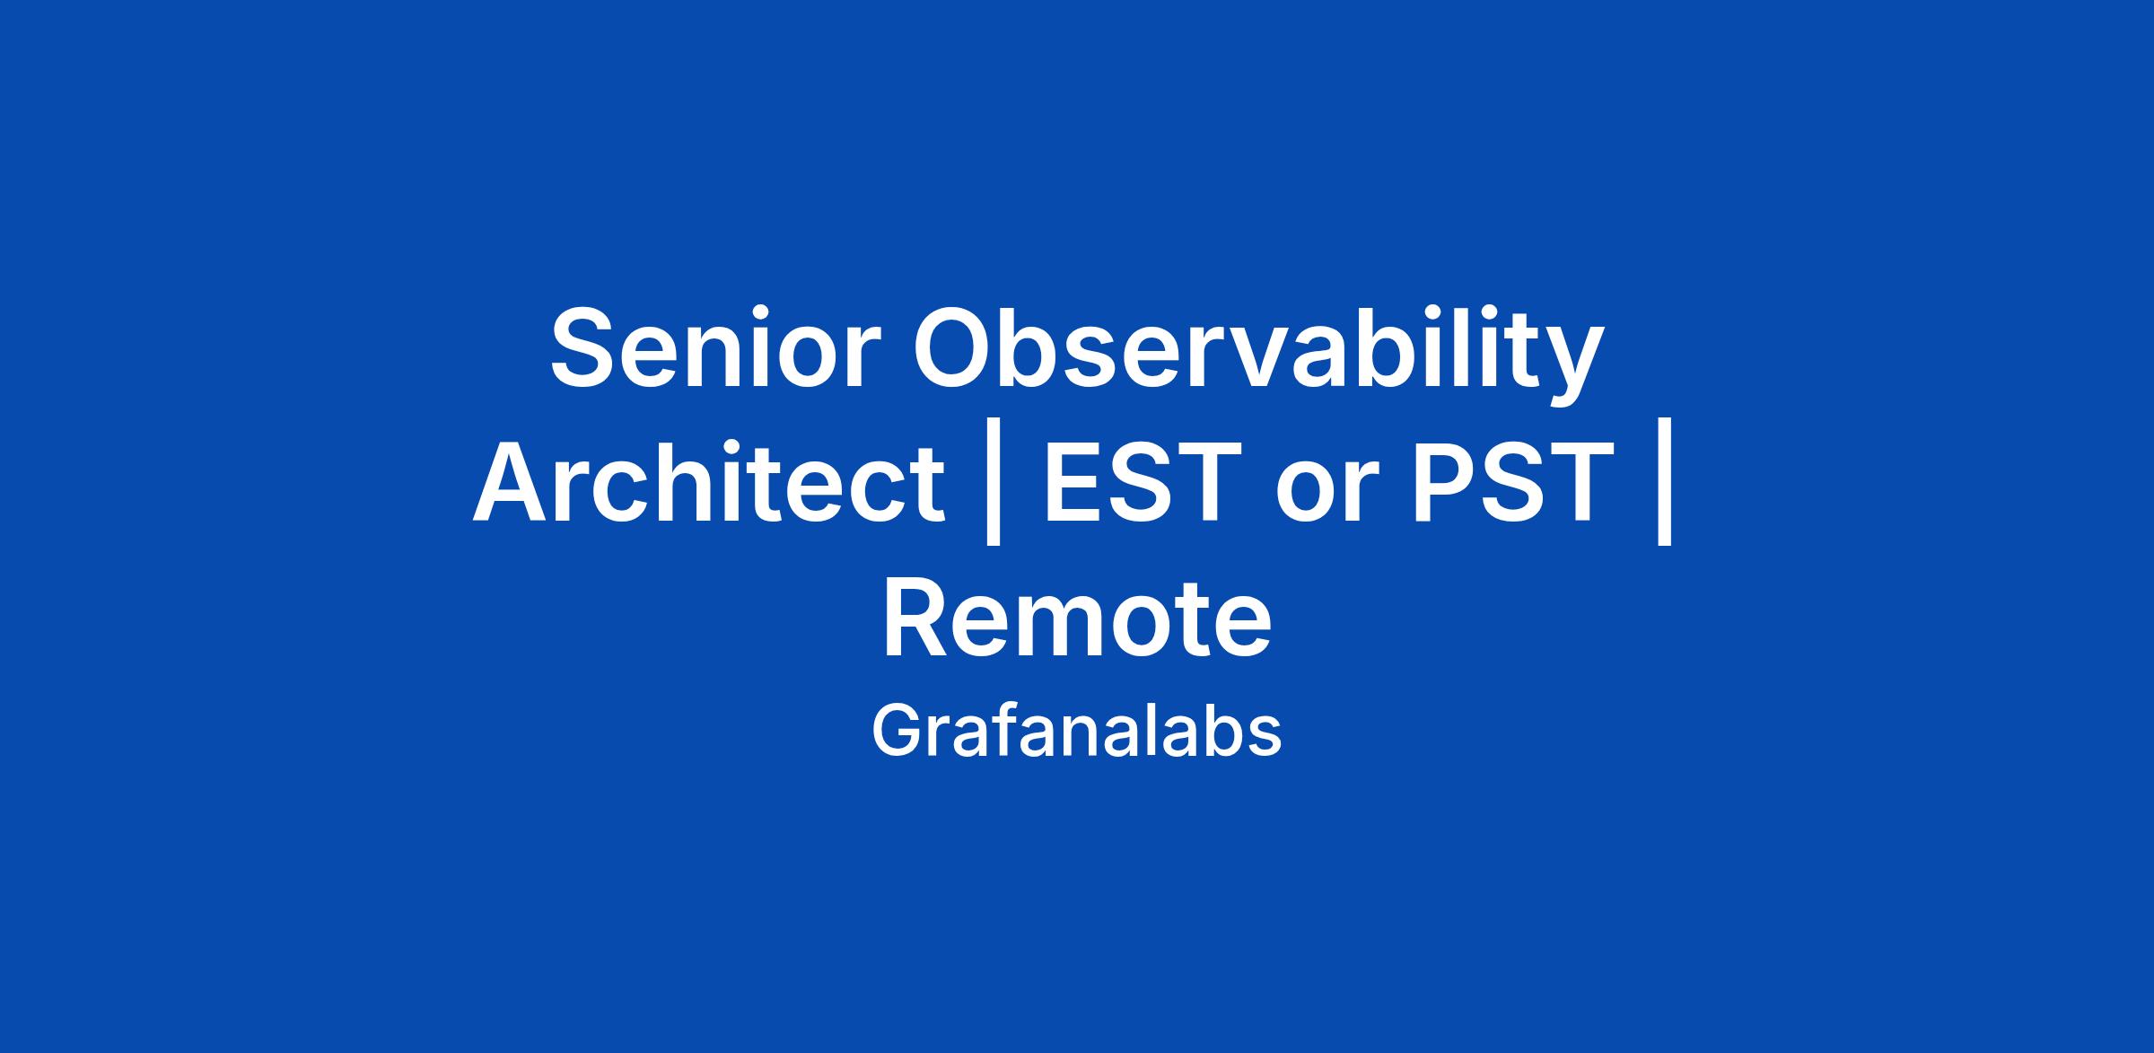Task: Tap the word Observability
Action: pyautogui.click(x=1257, y=355)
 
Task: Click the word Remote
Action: pyautogui.click(x=1077, y=619)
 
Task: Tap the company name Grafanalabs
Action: pyautogui.click(x=1076, y=731)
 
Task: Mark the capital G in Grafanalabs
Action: pyautogui.click(x=897, y=731)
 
